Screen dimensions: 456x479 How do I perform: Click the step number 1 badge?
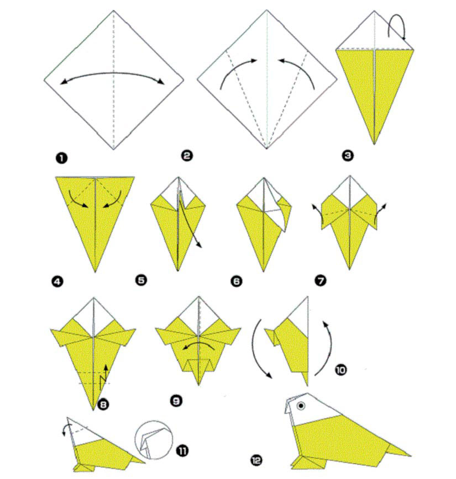pyautogui.click(x=61, y=158)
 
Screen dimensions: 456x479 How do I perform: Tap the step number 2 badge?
pyautogui.click(x=187, y=156)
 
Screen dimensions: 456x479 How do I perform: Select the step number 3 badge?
pyautogui.click(x=348, y=156)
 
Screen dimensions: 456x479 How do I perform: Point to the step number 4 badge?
pyautogui.click(x=57, y=281)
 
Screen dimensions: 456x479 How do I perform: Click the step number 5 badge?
pyautogui.click(x=141, y=280)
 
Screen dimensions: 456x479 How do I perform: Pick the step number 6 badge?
pyautogui.click(x=237, y=281)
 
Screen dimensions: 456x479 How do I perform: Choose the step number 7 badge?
pyautogui.click(x=321, y=280)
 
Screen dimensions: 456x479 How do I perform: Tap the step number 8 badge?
pyautogui.click(x=103, y=405)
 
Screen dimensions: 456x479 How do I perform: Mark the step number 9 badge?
pyautogui.click(x=176, y=401)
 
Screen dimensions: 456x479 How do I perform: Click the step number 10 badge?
pyautogui.click(x=340, y=370)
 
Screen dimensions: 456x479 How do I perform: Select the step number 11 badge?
pyautogui.click(x=182, y=451)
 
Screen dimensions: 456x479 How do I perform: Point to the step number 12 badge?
pyautogui.click(x=256, y=460)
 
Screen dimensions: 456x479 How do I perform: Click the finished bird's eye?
pyautogui.click(x=301, y=406)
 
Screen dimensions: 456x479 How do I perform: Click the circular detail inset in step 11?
pyautogui.click(x=154, y=440)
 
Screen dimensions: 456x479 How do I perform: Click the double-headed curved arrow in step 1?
pyautogui.click(x=113, y=73)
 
